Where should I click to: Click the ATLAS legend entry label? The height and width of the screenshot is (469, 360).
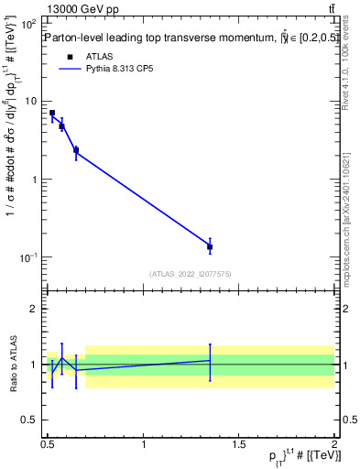tap(98, 56)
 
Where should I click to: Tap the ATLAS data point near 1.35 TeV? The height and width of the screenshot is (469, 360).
tap(210, 246)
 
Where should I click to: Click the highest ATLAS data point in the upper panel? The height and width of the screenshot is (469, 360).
tap(52, 113)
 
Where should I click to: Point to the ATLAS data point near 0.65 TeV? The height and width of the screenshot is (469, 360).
tap(76, 150)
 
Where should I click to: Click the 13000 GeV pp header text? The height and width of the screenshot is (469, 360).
tap(80, 9)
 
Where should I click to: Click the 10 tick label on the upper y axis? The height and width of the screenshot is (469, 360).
tap(30, 101)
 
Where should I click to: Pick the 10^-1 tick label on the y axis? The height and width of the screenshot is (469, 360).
tap(27, 257)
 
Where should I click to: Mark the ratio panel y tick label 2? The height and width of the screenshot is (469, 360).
tap(33, 310)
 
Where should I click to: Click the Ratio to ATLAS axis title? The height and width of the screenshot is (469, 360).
tap(12, 364)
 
